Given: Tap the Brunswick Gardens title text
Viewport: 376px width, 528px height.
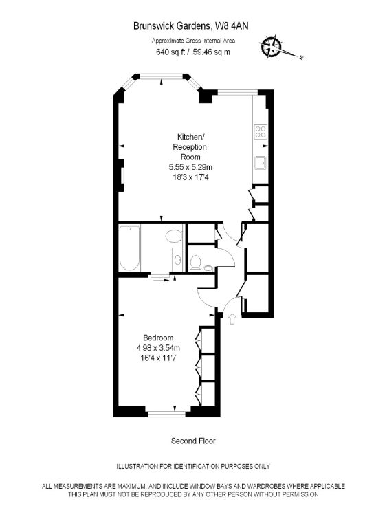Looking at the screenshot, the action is click(x=172, y=26).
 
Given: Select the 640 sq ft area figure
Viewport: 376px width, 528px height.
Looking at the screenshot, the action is click(x=170, y=52).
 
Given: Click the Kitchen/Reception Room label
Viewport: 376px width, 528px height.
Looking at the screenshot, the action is click(x=190, y=147).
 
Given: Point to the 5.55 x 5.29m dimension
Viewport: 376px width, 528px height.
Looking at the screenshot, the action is click(x=190, y=167).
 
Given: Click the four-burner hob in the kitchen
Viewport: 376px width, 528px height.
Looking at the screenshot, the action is click(x=261, y=131).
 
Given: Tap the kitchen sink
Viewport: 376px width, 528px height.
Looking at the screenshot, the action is click(x=261, y=163).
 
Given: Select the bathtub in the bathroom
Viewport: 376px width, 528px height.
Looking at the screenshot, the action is click(x=130, y=247).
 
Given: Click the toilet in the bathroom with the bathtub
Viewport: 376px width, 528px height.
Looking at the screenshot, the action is click(x=174, y=236).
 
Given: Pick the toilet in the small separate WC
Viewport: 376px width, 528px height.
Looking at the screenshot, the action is click(x=195, y=263).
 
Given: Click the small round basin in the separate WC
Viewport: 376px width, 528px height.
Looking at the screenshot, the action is click(x=208, y=268).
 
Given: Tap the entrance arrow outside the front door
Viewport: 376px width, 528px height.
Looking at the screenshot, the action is click(x=232, y=319).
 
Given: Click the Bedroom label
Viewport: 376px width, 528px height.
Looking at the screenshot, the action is click(x=158, y=338).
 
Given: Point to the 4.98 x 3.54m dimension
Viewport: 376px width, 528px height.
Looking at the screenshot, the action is click(x=158, y=348).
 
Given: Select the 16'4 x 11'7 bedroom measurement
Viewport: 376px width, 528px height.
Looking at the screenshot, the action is click(x=158, y=357).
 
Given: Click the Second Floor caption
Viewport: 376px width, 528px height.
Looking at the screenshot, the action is click(x=193, y=441).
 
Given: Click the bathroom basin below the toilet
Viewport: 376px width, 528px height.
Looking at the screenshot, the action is click(x=177, y=260).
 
